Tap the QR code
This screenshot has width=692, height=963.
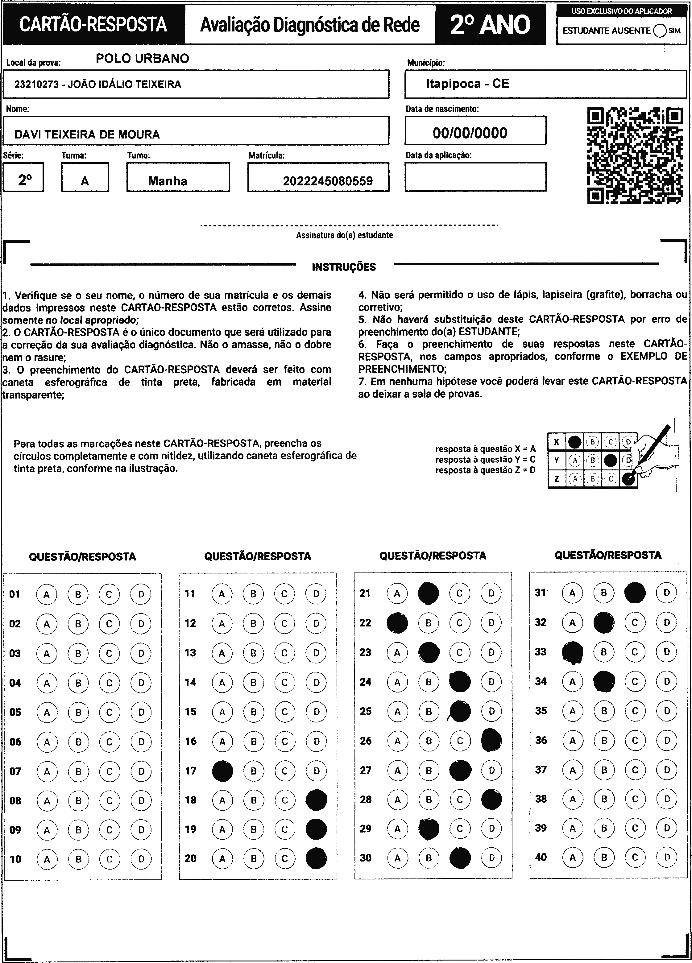click(x=635, y=156)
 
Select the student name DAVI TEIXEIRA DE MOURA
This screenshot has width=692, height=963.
click(x=87, y=134)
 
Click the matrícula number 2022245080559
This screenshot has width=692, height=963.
click(x=328, y=181)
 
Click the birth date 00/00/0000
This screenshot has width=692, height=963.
click(x=470, y=133)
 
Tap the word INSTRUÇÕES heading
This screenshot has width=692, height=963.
click(x=344, y=267)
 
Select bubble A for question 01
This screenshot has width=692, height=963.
click(x=47, y=594)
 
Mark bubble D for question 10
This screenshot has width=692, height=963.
click(x=141, y=859)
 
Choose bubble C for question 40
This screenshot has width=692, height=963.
click(x=635, y=857)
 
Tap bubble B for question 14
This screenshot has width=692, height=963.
click(x=254, y=683)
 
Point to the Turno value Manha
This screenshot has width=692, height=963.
click(x=168, y=181)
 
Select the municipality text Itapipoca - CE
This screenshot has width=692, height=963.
click(x=467, y=84)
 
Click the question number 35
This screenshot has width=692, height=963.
click(x=541, y=711)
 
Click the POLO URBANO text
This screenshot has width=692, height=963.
click(x=142, y=59)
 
